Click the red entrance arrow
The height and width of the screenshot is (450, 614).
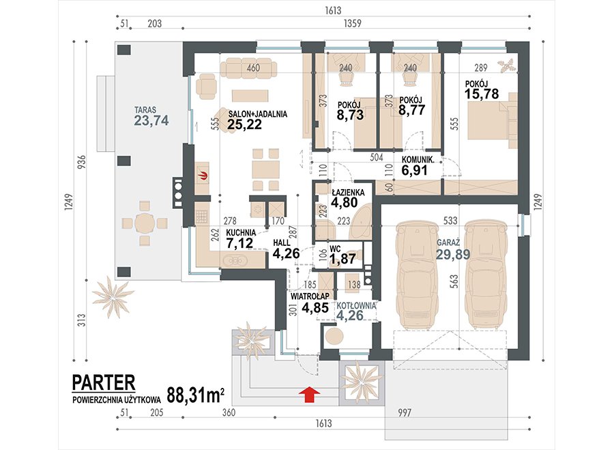(309, 393)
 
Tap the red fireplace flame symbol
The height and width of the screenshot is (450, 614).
(203, 175)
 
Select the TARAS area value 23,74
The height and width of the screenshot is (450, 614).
(151, 121)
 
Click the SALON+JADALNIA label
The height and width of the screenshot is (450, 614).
(258, 114)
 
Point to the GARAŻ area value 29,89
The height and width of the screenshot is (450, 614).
(453, 255)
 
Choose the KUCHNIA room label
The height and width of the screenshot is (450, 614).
(241, 233)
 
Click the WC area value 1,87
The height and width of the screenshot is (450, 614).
(342, 259)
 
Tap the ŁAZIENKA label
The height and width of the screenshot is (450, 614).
(348, 193)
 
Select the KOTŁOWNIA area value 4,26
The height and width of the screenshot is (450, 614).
(350, 315)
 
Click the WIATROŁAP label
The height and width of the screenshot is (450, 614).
(309, 296)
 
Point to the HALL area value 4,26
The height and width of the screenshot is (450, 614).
(286, 253)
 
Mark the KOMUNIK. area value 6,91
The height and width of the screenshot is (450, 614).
(415, 170)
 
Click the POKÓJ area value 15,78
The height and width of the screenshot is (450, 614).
(482, 94)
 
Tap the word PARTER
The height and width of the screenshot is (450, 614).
(104, 382)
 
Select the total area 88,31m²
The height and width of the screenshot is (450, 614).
(196, 395)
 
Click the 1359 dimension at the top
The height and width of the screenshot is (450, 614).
(353, 23)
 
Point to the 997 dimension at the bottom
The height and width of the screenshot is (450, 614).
(405, 412)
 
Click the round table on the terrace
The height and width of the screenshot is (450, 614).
(145, 224)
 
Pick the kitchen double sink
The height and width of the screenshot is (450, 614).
(234, 260)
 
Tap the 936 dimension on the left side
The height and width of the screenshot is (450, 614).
(81, 163)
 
